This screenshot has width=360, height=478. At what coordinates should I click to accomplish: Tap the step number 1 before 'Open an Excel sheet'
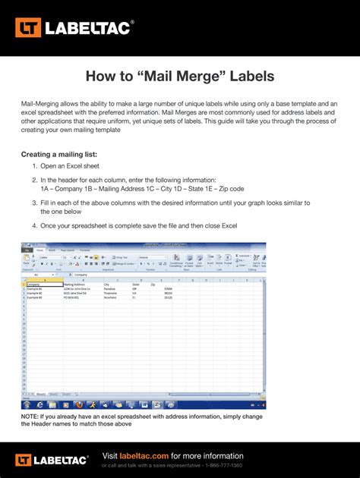coord(34,166)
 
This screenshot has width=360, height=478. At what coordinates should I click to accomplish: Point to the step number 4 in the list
coord(34,226)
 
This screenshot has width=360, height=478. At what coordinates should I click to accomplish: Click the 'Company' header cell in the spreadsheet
coord(33,285)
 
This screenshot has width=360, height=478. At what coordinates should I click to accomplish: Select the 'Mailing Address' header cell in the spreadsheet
coord(77,285)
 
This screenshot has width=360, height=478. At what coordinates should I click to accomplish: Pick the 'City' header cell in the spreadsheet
coord(107,285)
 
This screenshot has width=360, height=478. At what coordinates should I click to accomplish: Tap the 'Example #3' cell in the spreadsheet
coord(35,297)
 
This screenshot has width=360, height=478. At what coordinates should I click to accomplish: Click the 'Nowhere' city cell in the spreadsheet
coord(111,297)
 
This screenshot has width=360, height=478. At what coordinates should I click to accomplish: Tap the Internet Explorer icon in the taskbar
coord(41,404)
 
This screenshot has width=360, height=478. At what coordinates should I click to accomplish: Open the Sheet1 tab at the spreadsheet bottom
coord(31,394)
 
